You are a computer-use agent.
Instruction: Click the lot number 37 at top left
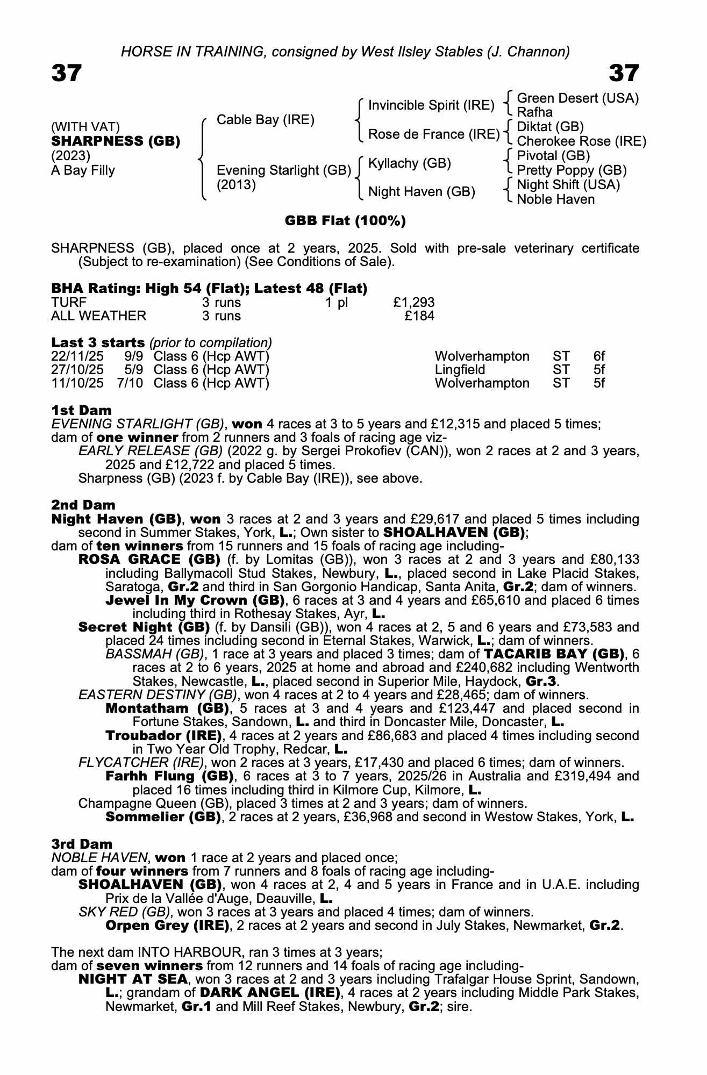67,73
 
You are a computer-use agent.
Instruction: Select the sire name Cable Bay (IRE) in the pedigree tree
265,119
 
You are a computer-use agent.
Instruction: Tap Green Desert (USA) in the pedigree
577,98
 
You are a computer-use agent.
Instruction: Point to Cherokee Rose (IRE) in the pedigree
581,141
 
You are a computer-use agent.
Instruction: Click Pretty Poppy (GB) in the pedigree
572,170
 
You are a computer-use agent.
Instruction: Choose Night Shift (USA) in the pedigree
568,185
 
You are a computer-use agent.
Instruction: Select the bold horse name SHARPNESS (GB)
116,141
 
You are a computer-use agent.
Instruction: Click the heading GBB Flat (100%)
345,220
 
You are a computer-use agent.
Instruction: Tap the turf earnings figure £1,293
414,303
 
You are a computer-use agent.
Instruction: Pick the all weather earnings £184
419,316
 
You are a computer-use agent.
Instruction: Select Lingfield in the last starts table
460,370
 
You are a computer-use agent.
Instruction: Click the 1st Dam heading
81,411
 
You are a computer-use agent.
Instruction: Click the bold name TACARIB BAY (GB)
554,655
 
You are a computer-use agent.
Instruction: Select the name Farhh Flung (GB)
169,776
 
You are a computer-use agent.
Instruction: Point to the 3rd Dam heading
82,844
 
